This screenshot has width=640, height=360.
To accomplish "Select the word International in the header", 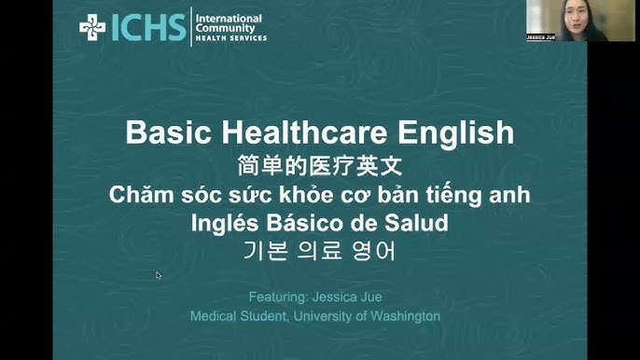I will pos(229,18).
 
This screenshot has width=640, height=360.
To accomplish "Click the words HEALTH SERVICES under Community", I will pos(230,38).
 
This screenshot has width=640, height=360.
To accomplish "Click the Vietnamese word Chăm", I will pos(135,196).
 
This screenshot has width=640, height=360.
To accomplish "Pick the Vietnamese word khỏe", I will pos(299,196).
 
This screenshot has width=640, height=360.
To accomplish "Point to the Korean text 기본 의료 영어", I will pos(320,252).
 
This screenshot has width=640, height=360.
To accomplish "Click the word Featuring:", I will pos(278,297).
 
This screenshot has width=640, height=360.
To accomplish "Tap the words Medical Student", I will pos(230,316).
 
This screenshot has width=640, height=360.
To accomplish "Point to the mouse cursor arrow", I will pos(159,275).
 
